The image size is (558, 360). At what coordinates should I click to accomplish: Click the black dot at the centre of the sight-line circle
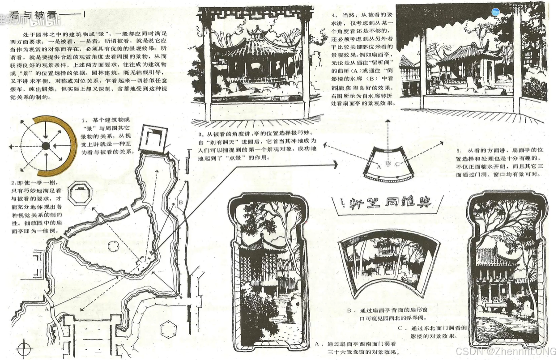point(46,146)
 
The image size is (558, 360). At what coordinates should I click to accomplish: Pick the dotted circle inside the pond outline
point(114,246)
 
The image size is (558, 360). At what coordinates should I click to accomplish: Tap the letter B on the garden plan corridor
point(180,203)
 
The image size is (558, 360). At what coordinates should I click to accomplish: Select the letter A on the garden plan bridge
point(47,309)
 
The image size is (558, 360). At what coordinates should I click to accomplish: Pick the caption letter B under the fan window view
point(349,310)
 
